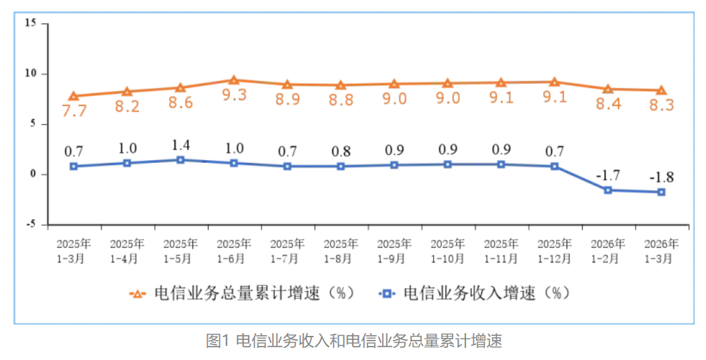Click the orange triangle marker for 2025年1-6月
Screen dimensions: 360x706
234,80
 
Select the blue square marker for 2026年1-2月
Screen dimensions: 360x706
608,190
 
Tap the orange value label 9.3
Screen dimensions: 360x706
234,95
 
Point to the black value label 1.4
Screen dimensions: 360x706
180,146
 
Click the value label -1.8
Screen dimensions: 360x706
661,178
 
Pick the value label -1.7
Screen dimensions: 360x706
608,176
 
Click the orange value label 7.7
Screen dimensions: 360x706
74,111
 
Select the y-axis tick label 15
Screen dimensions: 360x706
31,23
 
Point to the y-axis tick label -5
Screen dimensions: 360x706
31,225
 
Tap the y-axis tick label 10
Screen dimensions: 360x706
31,73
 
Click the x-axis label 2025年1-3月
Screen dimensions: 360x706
74,251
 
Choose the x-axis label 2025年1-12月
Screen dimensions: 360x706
554,251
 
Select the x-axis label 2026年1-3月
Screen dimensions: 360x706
661,251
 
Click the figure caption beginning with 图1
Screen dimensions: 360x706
353,341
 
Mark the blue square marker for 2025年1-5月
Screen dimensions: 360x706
180,160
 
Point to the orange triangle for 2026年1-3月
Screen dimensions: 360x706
661,91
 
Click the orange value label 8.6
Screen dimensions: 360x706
180,103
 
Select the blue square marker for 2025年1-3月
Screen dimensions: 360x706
74,166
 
